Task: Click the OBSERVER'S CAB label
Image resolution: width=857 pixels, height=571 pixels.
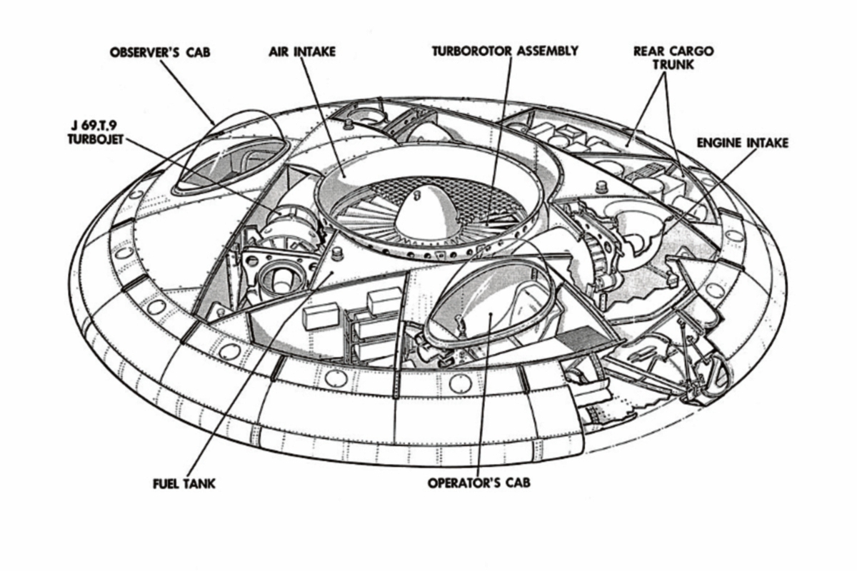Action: (160, 52)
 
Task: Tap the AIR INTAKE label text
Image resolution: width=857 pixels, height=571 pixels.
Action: (302, 51)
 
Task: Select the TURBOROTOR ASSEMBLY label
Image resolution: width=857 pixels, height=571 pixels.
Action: (505, 51)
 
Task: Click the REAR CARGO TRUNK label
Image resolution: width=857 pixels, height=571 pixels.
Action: (673, 58)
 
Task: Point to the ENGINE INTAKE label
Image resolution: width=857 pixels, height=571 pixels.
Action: (743, 143)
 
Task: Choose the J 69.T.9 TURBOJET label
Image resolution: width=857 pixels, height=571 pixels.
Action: (96, 133)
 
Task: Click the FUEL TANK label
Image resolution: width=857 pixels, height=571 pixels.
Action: (184, 484)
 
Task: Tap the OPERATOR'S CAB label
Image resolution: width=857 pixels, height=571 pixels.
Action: (479, 482)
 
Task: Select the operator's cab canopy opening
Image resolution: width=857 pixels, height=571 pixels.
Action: (493, 302)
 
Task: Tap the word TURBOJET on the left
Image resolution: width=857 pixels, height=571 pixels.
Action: (96, 140)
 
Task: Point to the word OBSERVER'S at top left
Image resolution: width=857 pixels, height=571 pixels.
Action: (144, 52)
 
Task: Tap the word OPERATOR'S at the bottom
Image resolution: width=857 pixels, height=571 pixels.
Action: (463, 482)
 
